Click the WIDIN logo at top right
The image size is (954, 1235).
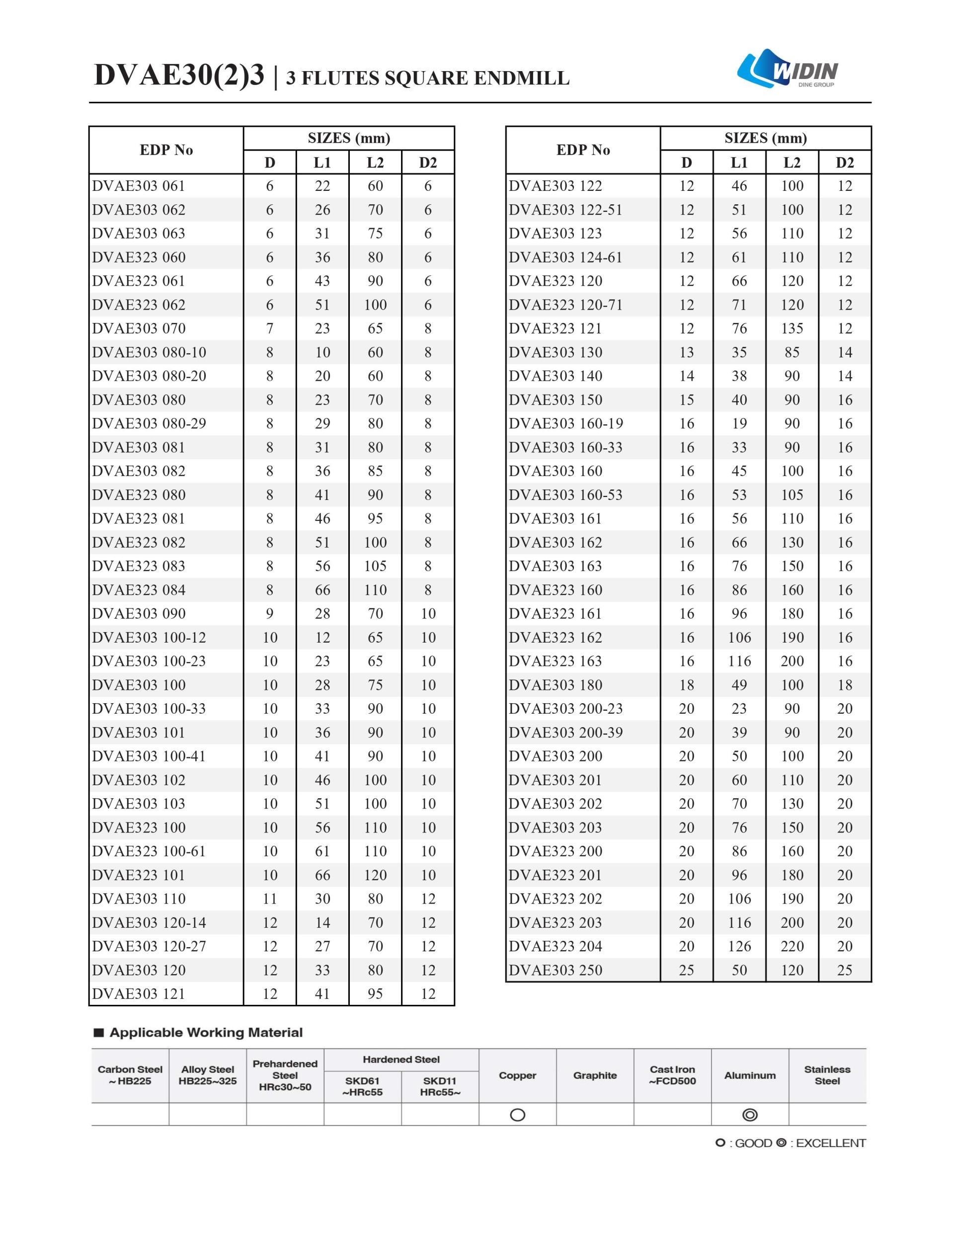787,70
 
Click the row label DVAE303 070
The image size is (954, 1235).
139,329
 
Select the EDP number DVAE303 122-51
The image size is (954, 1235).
565,210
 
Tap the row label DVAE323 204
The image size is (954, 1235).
556,946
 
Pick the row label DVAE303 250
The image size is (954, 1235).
556,970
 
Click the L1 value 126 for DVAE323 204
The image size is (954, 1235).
739,946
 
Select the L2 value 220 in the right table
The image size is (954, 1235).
792,946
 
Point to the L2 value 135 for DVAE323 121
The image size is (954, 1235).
792,329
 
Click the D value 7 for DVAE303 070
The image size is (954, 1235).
270,329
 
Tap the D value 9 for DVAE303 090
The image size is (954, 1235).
270,614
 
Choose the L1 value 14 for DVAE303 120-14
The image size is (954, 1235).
322,922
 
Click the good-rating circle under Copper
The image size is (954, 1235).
517,1115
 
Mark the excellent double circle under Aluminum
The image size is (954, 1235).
750,1115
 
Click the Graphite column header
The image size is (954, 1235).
595,1075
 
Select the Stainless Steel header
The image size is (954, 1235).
827,1075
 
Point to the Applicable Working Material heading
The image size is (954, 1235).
206,1033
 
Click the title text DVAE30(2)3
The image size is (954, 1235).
179,75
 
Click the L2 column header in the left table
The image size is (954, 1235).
375,163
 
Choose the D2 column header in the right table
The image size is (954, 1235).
844,163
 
